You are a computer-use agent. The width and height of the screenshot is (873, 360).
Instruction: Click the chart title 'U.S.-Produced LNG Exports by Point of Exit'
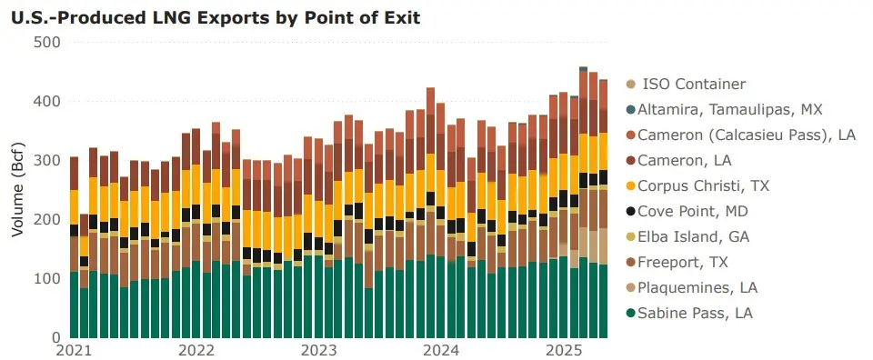[215, 17]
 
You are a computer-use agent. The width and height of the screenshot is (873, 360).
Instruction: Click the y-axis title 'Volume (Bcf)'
[17, 190]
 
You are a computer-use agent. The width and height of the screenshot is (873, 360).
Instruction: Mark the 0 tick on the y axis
[55, 337]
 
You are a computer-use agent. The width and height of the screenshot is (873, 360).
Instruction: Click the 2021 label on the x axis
[74, 350]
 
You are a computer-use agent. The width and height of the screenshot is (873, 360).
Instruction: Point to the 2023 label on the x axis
[319, 350]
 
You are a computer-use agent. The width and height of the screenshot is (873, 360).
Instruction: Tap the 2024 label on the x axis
[441, 350]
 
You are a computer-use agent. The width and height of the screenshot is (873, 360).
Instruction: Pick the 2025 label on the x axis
[564, 350]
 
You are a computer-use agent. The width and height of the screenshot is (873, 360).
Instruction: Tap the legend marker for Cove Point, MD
[631, 212]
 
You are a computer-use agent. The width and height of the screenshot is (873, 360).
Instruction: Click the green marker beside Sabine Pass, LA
[631, 314]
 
